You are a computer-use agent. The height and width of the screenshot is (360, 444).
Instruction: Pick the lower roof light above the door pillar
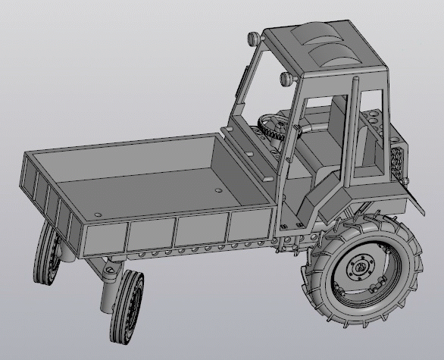click(286, 77)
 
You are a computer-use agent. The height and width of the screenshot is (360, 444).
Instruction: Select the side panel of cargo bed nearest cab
click(250, 226)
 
